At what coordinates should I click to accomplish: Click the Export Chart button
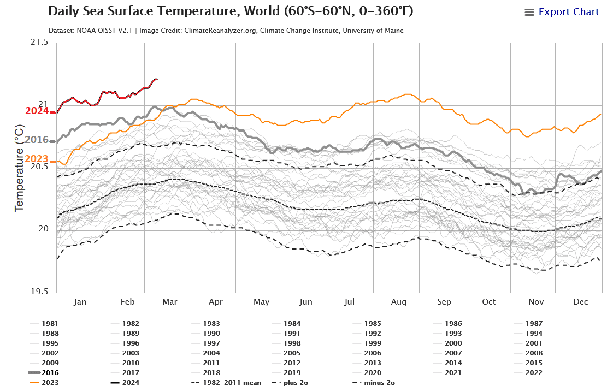point(562,12)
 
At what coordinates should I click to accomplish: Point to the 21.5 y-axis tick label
point(39,42)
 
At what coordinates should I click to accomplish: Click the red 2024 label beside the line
point(37,111)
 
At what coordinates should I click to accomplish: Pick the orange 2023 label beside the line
point(37,159)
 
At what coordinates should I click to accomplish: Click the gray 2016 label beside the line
point(37,140)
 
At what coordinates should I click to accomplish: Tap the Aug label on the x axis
point(399,302)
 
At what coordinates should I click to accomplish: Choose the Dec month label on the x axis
point(580,302)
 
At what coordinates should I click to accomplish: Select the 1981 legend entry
point(50,323)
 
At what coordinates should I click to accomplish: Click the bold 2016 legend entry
point(50,372)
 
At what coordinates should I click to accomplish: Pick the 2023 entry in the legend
point(50,382)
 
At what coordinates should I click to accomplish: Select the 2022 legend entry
point(533,372)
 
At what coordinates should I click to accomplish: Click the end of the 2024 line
point(157,79)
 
